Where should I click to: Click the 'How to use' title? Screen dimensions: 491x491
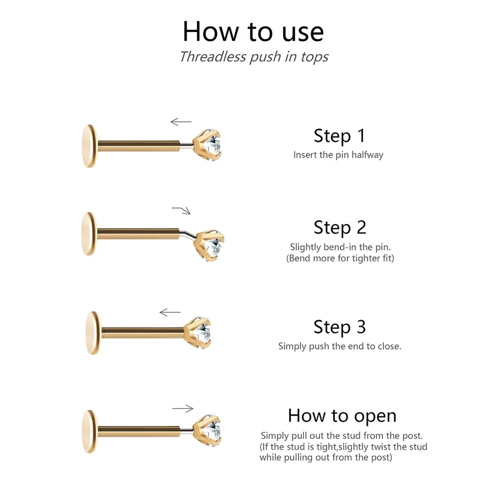[x=253, y=31]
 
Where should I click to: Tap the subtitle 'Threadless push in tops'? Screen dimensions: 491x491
[x=254, y=57]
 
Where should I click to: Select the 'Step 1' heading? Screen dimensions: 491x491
[x=339, y=136]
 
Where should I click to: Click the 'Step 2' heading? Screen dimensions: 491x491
[x=340, y=228]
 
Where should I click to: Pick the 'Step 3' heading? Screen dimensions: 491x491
[x=340, y=327]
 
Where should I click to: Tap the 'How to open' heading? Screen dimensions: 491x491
[x=342, y=416]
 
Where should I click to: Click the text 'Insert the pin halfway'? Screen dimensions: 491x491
[x=338, y=155]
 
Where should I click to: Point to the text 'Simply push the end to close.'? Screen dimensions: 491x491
[x=340, y=346]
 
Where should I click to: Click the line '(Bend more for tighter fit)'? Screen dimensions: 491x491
[x=340, y=258]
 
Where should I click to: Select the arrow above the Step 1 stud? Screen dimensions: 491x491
[x=181, y=121]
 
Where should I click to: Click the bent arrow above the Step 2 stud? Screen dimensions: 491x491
[x=182, y=210]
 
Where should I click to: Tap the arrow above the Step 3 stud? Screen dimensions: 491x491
[x=170, y=312]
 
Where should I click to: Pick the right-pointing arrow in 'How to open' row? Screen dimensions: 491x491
[x=183, y=409]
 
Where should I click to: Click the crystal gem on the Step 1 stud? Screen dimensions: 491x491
[x=213, y=145]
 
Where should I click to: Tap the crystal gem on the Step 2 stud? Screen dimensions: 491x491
[x=215, y=246]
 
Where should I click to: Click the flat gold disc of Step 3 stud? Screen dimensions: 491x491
[x=93, y=333]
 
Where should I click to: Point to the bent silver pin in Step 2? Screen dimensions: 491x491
[x=188, y=234]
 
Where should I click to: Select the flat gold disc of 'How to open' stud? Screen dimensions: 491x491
[x=90, y=432]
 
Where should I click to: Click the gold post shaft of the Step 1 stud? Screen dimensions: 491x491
[x=139, y=146]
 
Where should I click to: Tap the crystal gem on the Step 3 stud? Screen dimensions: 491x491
[x=204, y=332]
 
